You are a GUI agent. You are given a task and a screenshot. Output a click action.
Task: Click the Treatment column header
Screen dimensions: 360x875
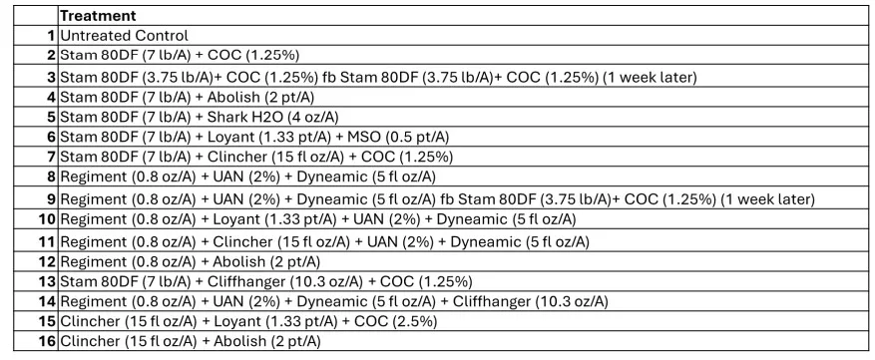98,16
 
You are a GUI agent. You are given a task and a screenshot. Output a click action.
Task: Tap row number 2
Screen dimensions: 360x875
52,54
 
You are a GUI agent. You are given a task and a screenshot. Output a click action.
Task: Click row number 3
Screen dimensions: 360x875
52,77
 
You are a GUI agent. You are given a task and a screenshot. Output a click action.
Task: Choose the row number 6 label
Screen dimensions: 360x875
52,137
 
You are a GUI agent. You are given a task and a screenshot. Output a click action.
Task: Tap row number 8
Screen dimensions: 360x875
52,177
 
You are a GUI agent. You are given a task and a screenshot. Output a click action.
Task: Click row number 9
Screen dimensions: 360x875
52,198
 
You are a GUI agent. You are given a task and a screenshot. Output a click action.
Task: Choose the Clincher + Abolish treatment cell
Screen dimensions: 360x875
191,341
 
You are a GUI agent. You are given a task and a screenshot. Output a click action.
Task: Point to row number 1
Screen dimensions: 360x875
52,35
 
